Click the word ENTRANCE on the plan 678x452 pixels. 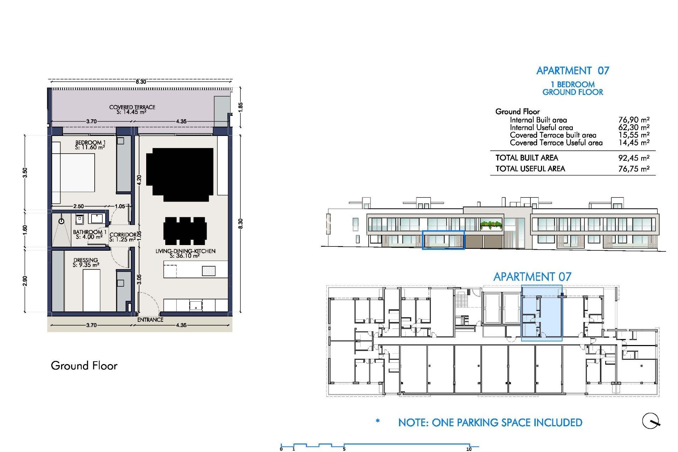pyautogui.click(x=150, y=320)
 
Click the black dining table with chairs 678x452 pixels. pyautogui.click(x=185, y=231)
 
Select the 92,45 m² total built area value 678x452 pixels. pyautogui.click(x=634, y=158)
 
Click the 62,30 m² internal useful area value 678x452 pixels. pyautogui.click(x=634, y=127)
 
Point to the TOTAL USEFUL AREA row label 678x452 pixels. pyautogui.click(x=530, y=169)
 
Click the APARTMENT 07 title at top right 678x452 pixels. pyautogui.click(x=573, y=71)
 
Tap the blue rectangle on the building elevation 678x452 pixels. pyautogui.click(x=443, y=240)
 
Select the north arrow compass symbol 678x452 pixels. pyautogui.click(x=650, y=421)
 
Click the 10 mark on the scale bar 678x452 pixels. pyautogui.click(x=469, y=449)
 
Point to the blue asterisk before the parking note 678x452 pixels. pyautogui.click(x=378, y=421)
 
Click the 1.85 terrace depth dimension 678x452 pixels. pyautogui.click(x=240, y=107)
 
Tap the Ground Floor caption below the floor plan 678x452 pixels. pyautogui.click(x=84, y=365)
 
